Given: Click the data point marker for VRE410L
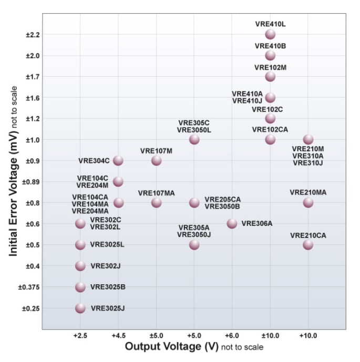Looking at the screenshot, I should [270, 34].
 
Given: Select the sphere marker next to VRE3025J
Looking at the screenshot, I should [80, 308].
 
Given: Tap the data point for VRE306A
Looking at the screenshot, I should [232, 223].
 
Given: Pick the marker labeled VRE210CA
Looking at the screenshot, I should [308, 244].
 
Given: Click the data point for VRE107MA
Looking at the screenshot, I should [156, 202].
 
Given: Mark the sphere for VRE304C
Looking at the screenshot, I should [118, 160].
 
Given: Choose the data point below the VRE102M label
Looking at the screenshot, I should [270, 76].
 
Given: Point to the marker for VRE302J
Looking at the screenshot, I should [80, 266].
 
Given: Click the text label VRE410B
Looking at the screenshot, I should [270, 46].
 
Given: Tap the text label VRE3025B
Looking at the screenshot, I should [107, 287].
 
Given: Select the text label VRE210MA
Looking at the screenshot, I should [308, 192].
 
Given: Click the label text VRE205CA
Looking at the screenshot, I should [222, 199].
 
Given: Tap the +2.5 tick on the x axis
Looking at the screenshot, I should [80, 335].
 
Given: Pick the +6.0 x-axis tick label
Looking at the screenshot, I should [232, 335].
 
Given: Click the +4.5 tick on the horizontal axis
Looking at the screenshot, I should [118, 335].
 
